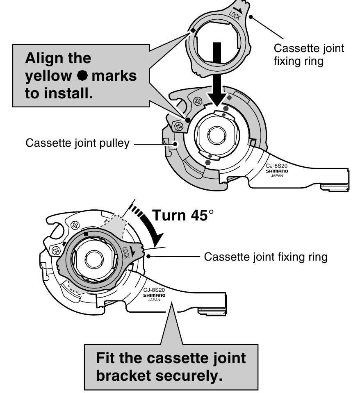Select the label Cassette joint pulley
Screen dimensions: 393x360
click(77, 144)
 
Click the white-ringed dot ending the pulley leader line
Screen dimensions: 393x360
click(176, 144)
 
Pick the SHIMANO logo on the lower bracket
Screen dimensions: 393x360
click(154, 295)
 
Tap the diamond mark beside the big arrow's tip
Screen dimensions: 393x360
click(230, 98)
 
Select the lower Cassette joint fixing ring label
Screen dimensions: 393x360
click(265, 257)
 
